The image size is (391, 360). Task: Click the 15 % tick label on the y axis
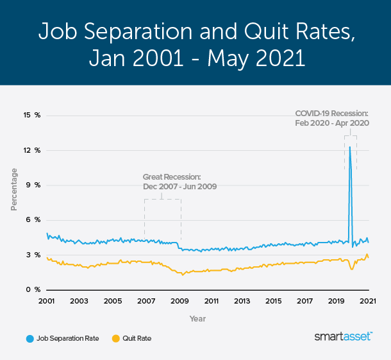[x=32, y=116]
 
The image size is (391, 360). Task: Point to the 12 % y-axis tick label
[x=32, y=150]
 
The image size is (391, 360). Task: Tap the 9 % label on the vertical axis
[x=33, y=185]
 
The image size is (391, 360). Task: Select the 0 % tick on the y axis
[x=33, y=290]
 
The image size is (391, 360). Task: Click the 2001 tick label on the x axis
[x=46, y=301]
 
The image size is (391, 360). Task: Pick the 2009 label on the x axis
[x=179, y=301]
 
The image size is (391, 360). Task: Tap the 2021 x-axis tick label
[x=368, y=301]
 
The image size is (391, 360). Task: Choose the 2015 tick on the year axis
[x=274, y=301]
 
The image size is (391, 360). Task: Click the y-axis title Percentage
[x=13, y=189]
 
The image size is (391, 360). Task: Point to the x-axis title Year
[x=197, y=318]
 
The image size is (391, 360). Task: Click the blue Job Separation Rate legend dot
[x=29, y=338]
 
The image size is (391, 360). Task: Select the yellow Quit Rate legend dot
[x=116, y=338]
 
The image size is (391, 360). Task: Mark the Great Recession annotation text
[x=179, y=182]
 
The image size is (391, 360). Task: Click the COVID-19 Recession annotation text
[x=331, y=118]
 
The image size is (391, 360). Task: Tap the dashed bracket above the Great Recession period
[x=162, y=199]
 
